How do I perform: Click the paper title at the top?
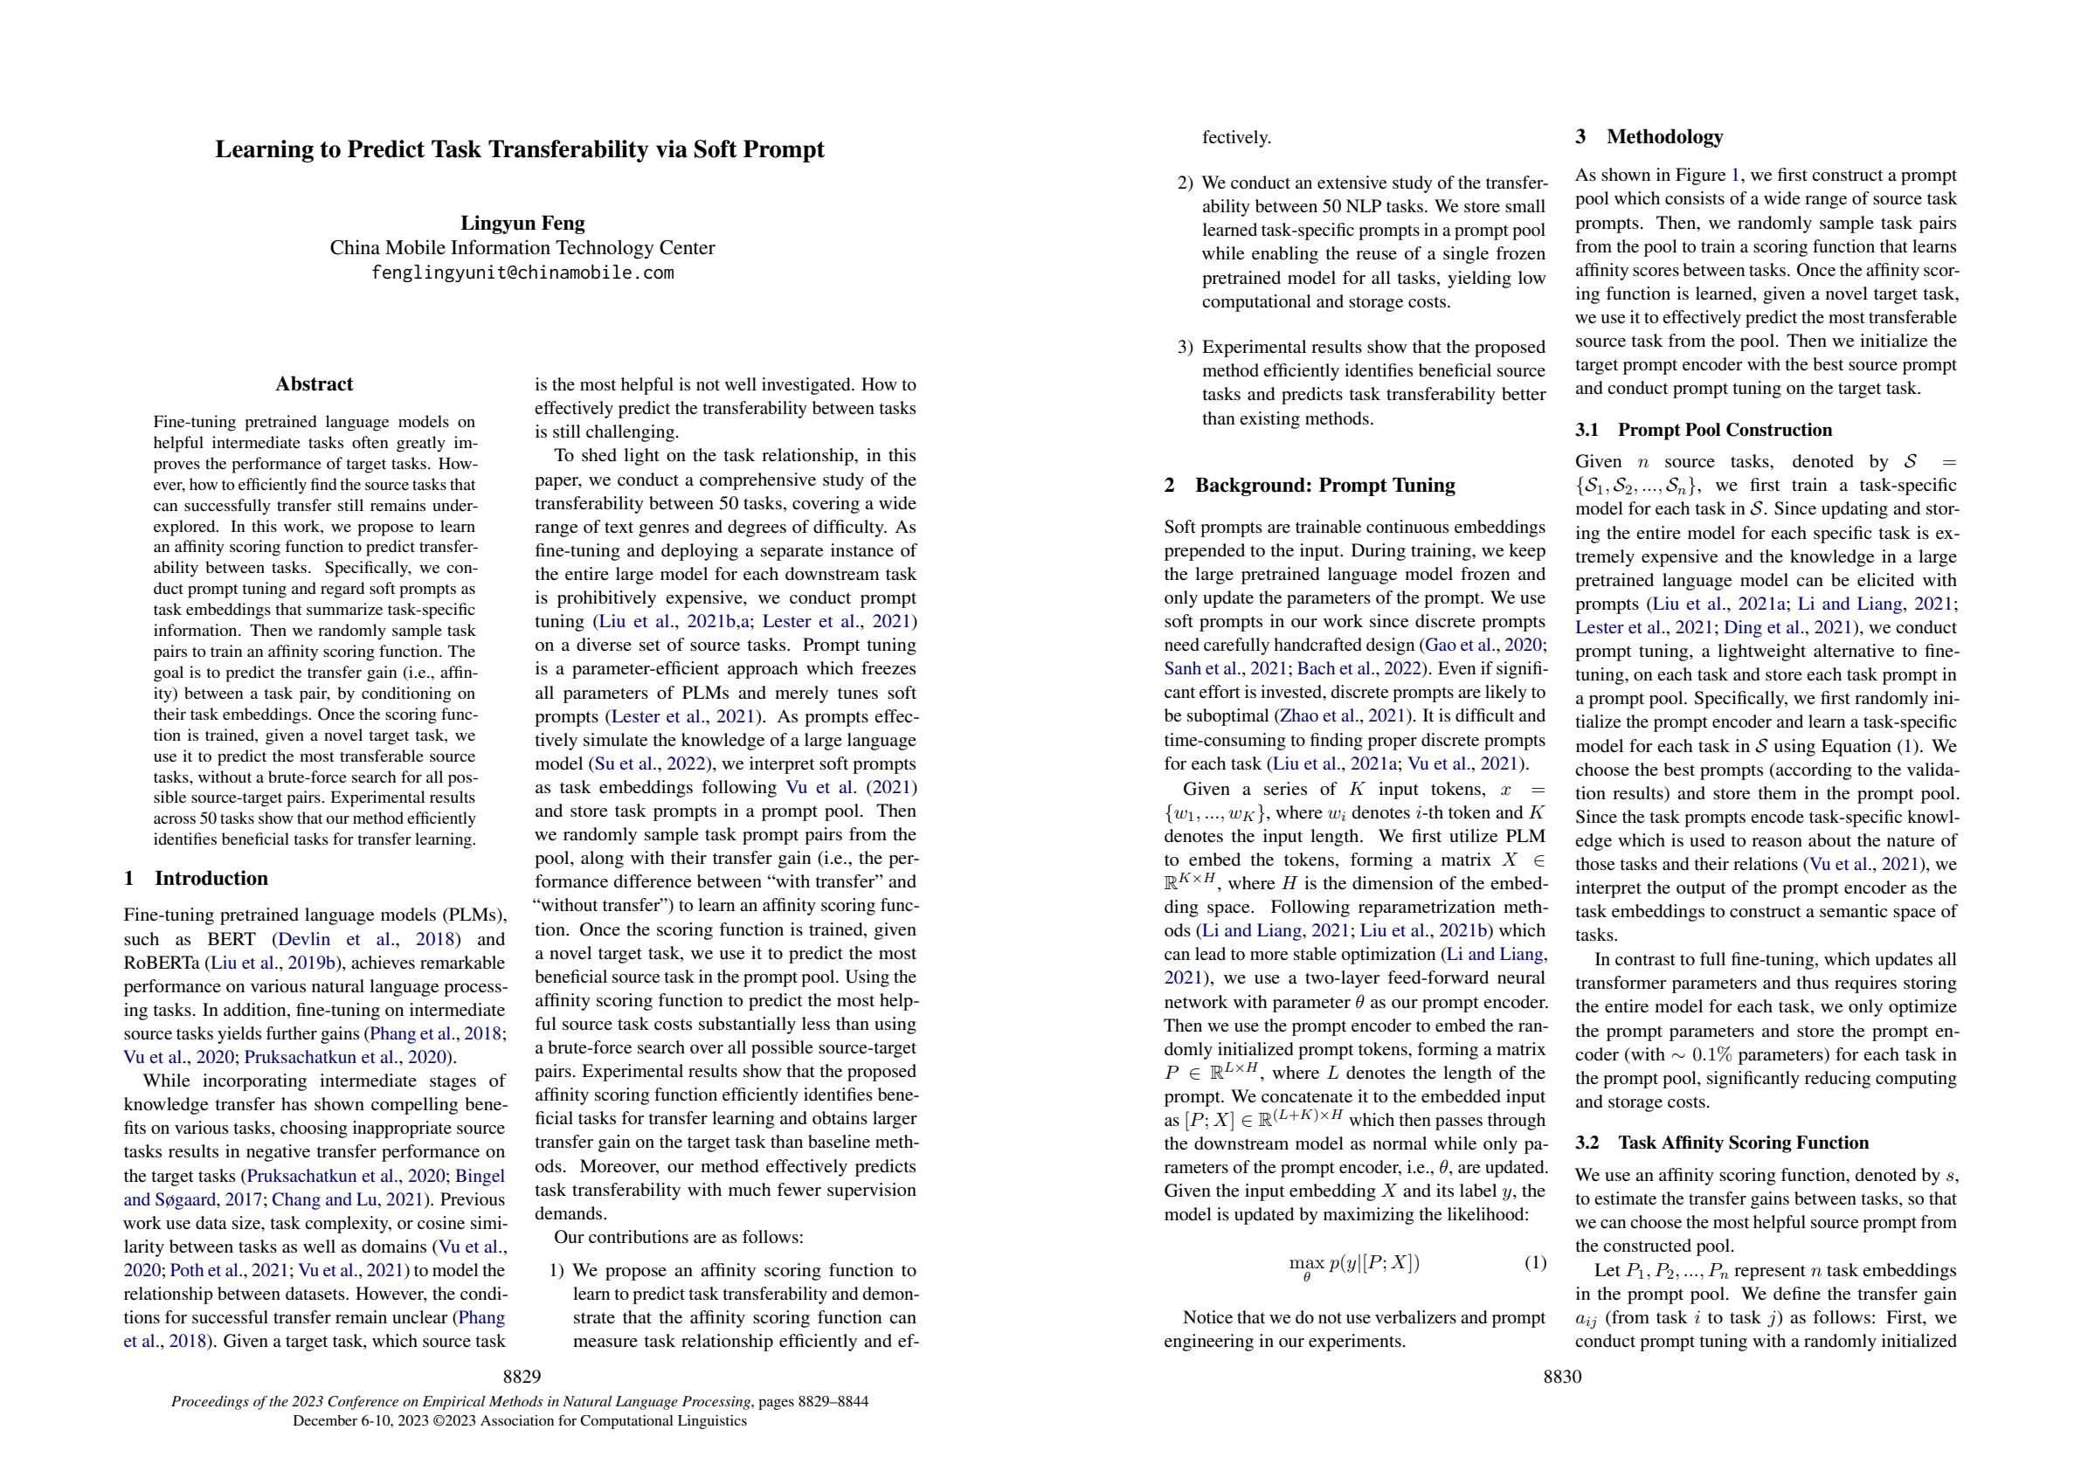(519, 149)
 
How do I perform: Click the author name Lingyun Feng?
(522, 223)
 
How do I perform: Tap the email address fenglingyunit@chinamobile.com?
(522, 273)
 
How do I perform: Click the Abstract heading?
(314, 384)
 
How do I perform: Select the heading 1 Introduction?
(196, 878)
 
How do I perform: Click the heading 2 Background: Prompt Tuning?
(1309, 485)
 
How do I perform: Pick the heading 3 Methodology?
(1649, 137)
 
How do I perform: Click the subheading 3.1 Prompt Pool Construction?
(1703, 430)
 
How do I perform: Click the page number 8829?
(522, 1378)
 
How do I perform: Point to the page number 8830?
(1562, 1378)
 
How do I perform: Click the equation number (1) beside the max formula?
(1534, 1262)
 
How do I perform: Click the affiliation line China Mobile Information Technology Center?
(522, 247)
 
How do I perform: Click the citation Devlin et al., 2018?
(367, 939)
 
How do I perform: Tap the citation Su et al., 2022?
(648, 764)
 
